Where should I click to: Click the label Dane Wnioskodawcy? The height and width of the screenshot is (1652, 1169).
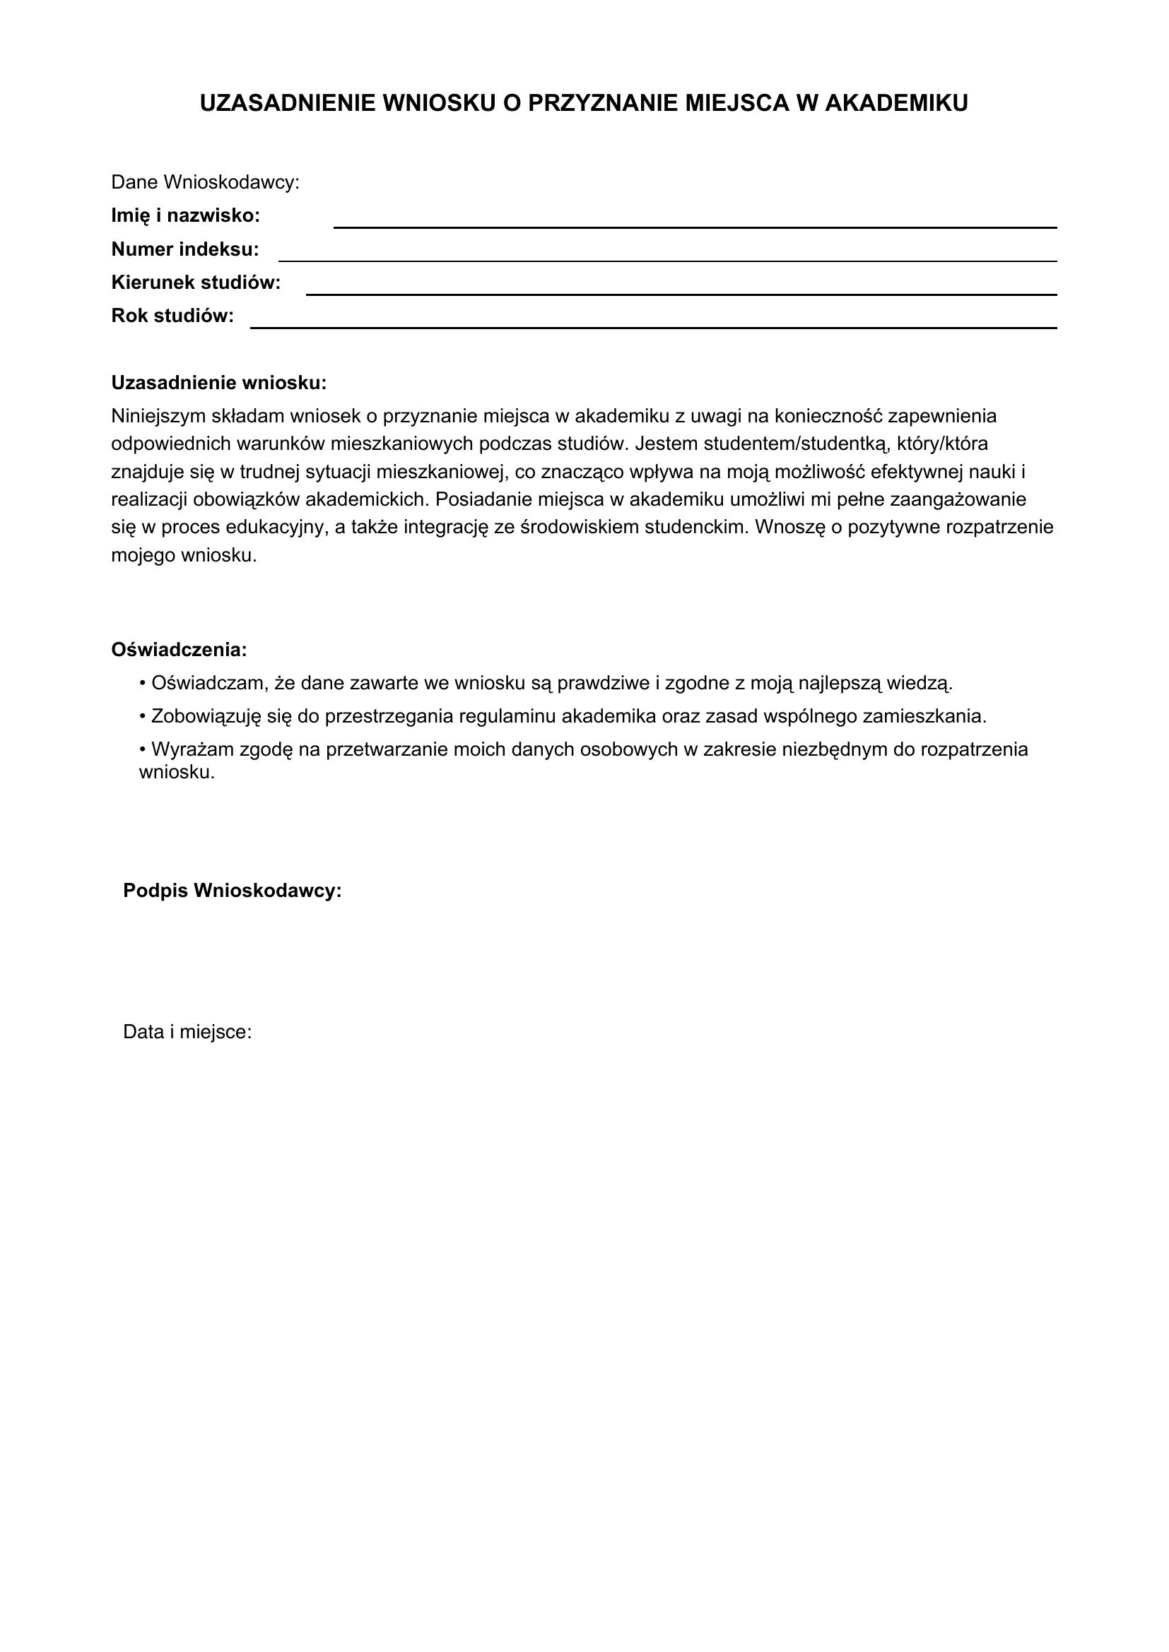click(205, 183)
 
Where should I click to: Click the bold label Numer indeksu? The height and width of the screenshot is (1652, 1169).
click(185, 249)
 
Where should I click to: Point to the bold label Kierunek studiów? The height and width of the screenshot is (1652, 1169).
click(196, 283)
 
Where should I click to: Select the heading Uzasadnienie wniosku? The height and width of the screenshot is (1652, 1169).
click(219, 384)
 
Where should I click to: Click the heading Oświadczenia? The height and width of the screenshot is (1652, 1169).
click(180, 650)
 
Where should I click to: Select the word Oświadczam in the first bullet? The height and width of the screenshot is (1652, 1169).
click(209, 684)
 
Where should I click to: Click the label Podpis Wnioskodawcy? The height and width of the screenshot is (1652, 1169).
click(233, 891)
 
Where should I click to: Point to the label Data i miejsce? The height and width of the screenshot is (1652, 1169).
click(187, 1033)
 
